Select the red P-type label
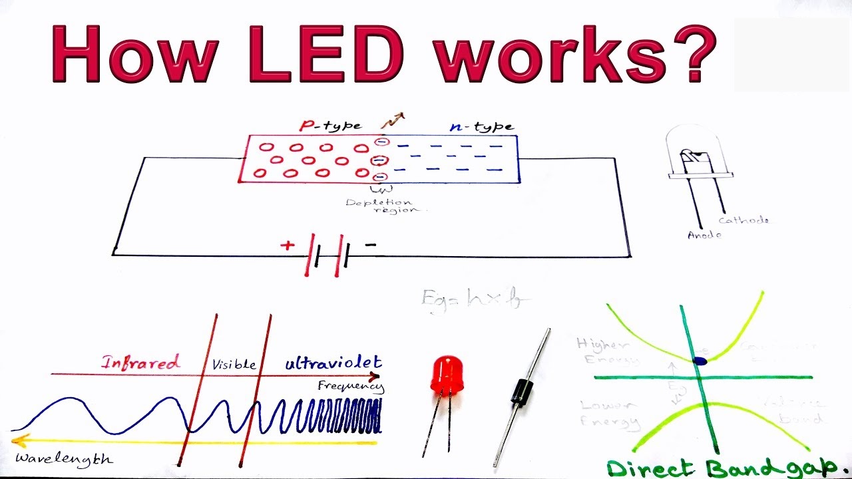(x=331, y=125)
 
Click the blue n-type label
(x=481, y=126)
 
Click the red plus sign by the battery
(x=287, y=245)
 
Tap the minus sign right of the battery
(x=370, y=245)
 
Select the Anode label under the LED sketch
(x=704, y=235)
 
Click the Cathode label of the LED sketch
(x=744, y=220)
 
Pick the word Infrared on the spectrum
(x=140, y=363)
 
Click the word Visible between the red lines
(x=234, y=365)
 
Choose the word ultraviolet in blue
(x=333, y=363)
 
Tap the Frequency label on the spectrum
(x=350, y=386)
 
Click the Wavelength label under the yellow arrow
(x=63, y=459)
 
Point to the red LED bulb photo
(x=447, y=374)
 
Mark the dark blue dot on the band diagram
(x=700, y=361)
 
